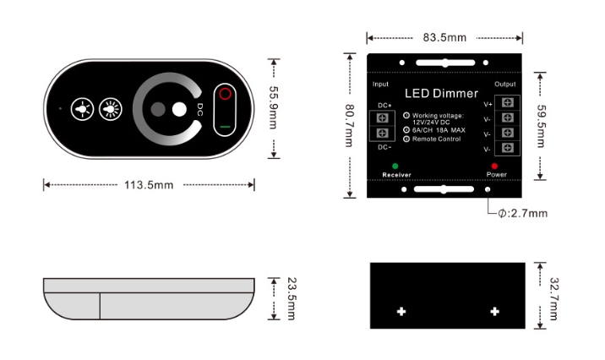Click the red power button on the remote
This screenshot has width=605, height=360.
225,94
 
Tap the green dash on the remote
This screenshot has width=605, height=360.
225,127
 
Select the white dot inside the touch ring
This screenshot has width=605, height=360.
179,109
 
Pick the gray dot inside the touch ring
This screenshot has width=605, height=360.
158,109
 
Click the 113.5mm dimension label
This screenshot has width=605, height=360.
149,185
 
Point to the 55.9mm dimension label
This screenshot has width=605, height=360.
273,107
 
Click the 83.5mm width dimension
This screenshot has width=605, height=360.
444,38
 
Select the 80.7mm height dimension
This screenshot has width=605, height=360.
349,125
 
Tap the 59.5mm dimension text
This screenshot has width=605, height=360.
541,126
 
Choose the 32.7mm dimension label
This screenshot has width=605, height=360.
553,298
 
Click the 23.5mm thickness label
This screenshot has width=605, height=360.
292,298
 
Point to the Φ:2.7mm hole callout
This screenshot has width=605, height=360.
523,213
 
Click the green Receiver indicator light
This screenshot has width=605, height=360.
395,166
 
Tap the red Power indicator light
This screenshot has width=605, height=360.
494,166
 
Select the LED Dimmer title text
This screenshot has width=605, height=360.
441,93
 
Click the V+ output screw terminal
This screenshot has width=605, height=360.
507,102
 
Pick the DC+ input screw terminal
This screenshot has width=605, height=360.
383,118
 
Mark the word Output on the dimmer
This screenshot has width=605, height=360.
505,85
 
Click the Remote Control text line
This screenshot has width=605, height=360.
436,139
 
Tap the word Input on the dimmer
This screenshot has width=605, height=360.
380,85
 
